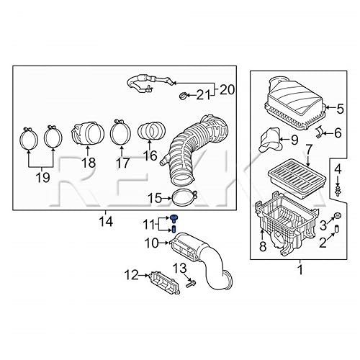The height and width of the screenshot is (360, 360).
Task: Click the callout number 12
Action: click(131, 274)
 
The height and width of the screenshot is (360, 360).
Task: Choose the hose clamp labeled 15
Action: click(185, 197)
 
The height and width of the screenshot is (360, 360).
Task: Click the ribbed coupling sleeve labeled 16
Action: click(150, 134)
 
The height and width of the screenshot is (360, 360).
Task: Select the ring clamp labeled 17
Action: click(119, 133)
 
